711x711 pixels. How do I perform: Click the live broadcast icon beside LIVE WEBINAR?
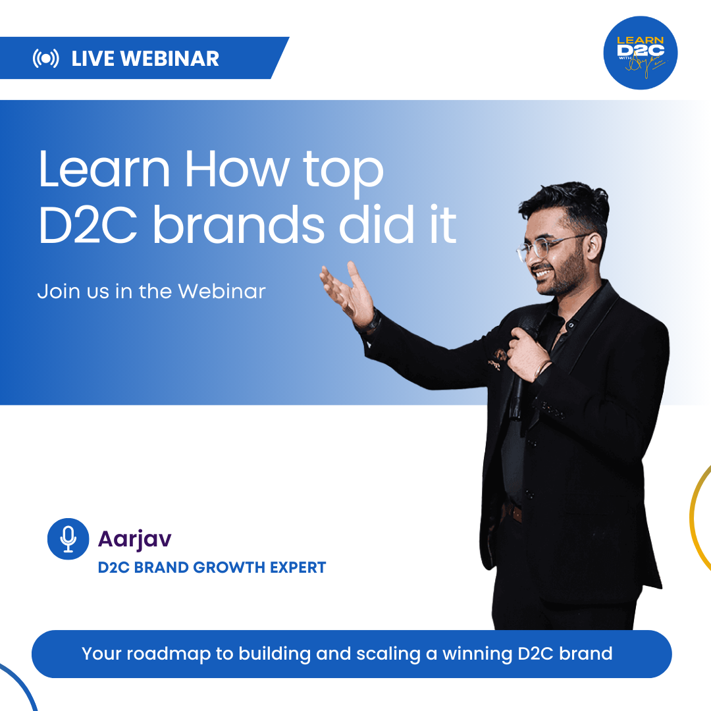tap(45, 59)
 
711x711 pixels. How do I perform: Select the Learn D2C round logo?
tap(640, 53)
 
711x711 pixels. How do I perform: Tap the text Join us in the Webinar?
tap(151, 291)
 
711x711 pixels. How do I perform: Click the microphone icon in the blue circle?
tap(68, 539)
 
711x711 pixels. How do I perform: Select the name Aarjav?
tap(134, 539)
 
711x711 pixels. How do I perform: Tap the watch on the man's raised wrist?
tap(373, 323)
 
